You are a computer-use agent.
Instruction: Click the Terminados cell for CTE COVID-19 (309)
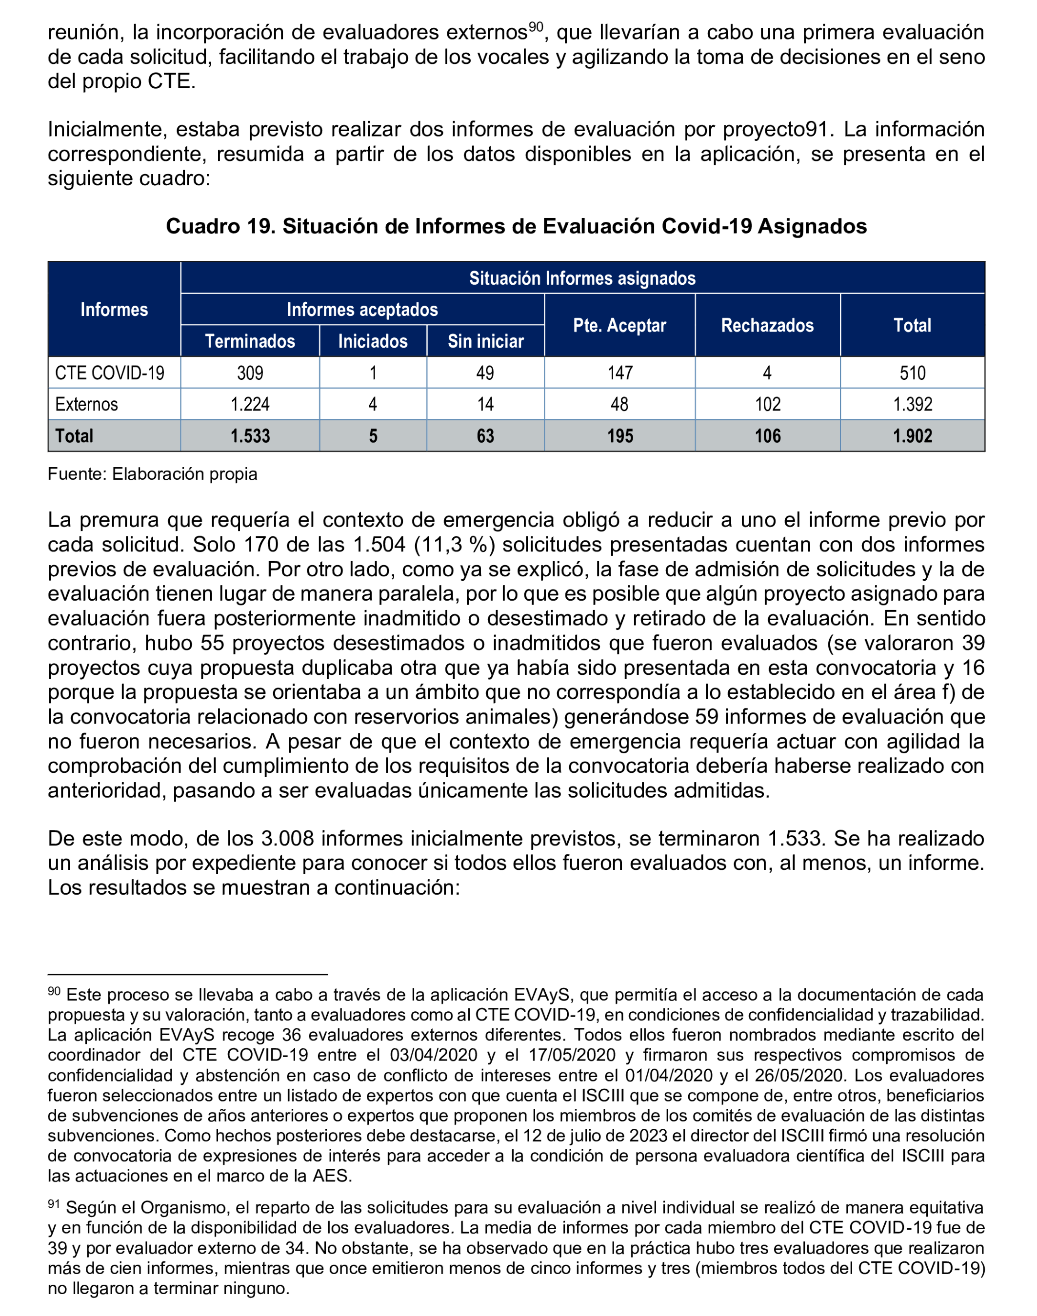tap(250, 373)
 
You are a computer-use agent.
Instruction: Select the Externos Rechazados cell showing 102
tap(767, 404)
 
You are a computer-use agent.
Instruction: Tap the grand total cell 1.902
tap(912, 436)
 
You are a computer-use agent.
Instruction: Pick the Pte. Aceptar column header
tap(619, 325)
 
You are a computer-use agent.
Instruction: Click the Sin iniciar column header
tap(485, 341)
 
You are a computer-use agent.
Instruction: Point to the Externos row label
tap(86, 404)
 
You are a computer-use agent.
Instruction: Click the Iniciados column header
tap(372, 341)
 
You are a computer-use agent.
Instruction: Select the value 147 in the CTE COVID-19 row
tap(619, 373)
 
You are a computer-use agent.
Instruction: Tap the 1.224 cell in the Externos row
tap(250, 404)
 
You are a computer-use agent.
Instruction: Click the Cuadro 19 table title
tap(516, 226)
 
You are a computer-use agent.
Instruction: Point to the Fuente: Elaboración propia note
tap(152, 474)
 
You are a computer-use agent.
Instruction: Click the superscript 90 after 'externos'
tap(535, 27)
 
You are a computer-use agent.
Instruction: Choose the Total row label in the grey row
tap(74, 436)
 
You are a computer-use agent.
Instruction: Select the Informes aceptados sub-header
tap(362, 310)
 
